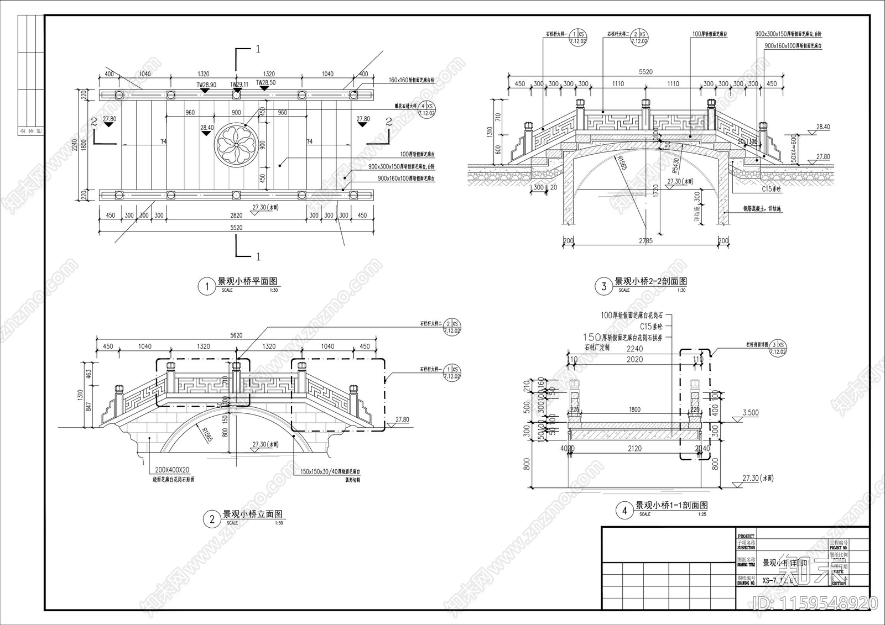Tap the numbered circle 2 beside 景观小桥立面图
coord(211,519)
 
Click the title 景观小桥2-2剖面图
coord(651,281)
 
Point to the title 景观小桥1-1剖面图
coord(671,505)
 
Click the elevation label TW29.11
coord(239,85)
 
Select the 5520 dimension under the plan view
coord(236,227)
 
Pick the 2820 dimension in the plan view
coord(236,216)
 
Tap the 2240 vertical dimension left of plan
coord(75,145)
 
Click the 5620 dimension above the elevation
coord(236,335)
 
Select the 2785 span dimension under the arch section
coord(645,240)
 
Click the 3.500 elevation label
coord(751,413)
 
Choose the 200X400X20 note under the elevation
coord(171,469)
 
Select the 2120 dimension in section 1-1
coord(634,448)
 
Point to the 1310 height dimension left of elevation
coord(80,395)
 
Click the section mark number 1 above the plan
coord(257,49)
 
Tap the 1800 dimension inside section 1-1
coord(634,409)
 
